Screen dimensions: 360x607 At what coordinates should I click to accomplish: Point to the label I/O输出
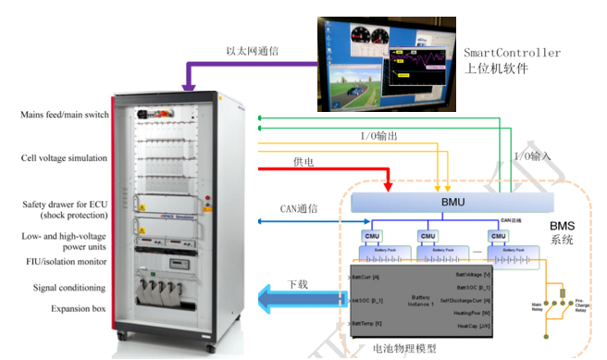[x=378, y=136]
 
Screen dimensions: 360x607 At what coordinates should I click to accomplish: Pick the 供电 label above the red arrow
[x=303, y=161]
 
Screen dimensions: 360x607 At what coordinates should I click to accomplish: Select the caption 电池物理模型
[x=404, y=350]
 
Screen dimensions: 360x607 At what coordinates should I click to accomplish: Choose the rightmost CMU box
[x=501, y=235]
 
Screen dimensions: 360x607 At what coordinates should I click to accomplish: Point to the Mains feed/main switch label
[x=64, y=115]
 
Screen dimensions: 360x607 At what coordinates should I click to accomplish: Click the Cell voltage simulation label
[x=64, y=158]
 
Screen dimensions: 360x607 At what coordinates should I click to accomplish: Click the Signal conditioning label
[x=70, y=288]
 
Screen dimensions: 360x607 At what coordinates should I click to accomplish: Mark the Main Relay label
[x=538, y=304]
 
